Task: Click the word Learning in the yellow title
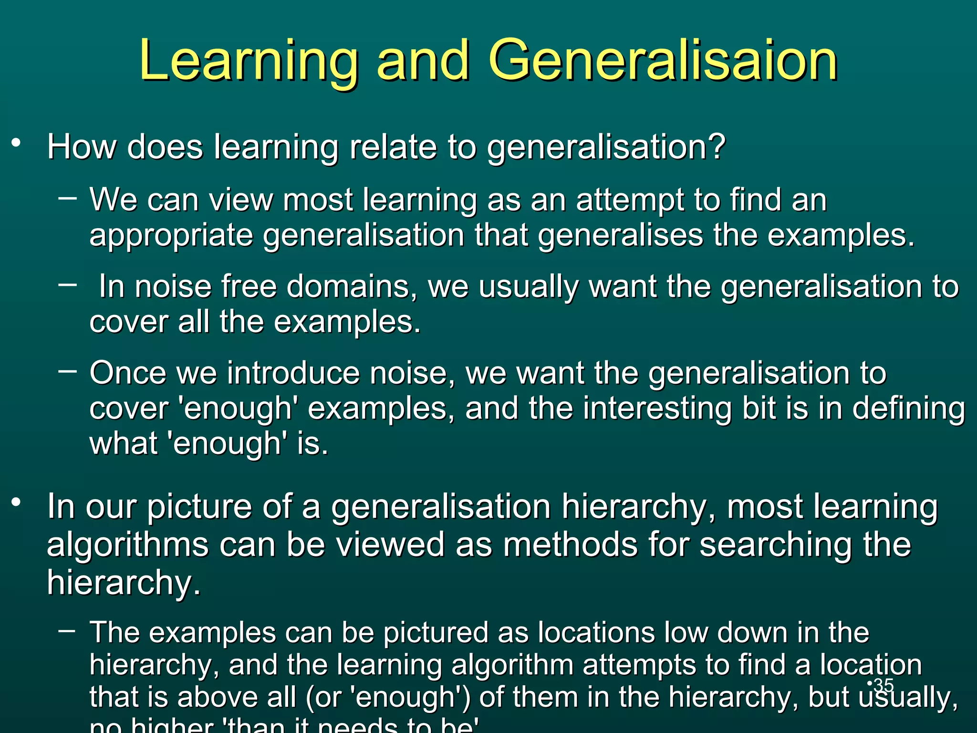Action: (249, 61)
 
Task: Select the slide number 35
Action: (883, 685)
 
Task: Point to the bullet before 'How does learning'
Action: (17, 143)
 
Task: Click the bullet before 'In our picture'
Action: (17, 502)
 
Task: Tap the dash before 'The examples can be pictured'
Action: (67, 630)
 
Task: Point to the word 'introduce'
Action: (293, 373)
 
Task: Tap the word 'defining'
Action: (908, 408)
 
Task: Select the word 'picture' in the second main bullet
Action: (199, 507)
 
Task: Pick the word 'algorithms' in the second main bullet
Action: (127, 545)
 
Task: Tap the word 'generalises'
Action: (620, 236)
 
